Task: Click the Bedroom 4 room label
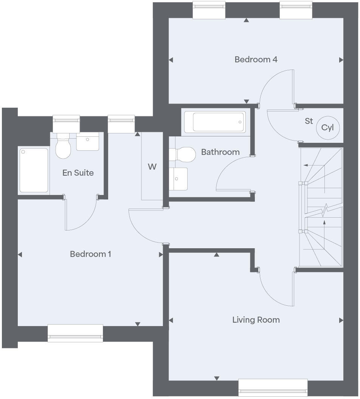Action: [256, 59]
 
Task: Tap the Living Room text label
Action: [256, 320]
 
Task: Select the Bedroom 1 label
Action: [90, 254]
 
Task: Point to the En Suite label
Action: [78, 173]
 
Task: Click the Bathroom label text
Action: [220, 152]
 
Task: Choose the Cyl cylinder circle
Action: [327, 128]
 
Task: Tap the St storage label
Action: [309, 121]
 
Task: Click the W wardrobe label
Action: [152, 167]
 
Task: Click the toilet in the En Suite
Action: [64, 148]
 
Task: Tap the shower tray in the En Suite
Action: [34, 170]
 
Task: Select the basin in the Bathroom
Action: [178, 179]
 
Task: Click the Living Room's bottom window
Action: [273, 388]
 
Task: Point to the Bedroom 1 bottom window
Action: [75, 333]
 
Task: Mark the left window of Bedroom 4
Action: [209, 10]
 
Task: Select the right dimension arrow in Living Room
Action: [341, 320]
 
